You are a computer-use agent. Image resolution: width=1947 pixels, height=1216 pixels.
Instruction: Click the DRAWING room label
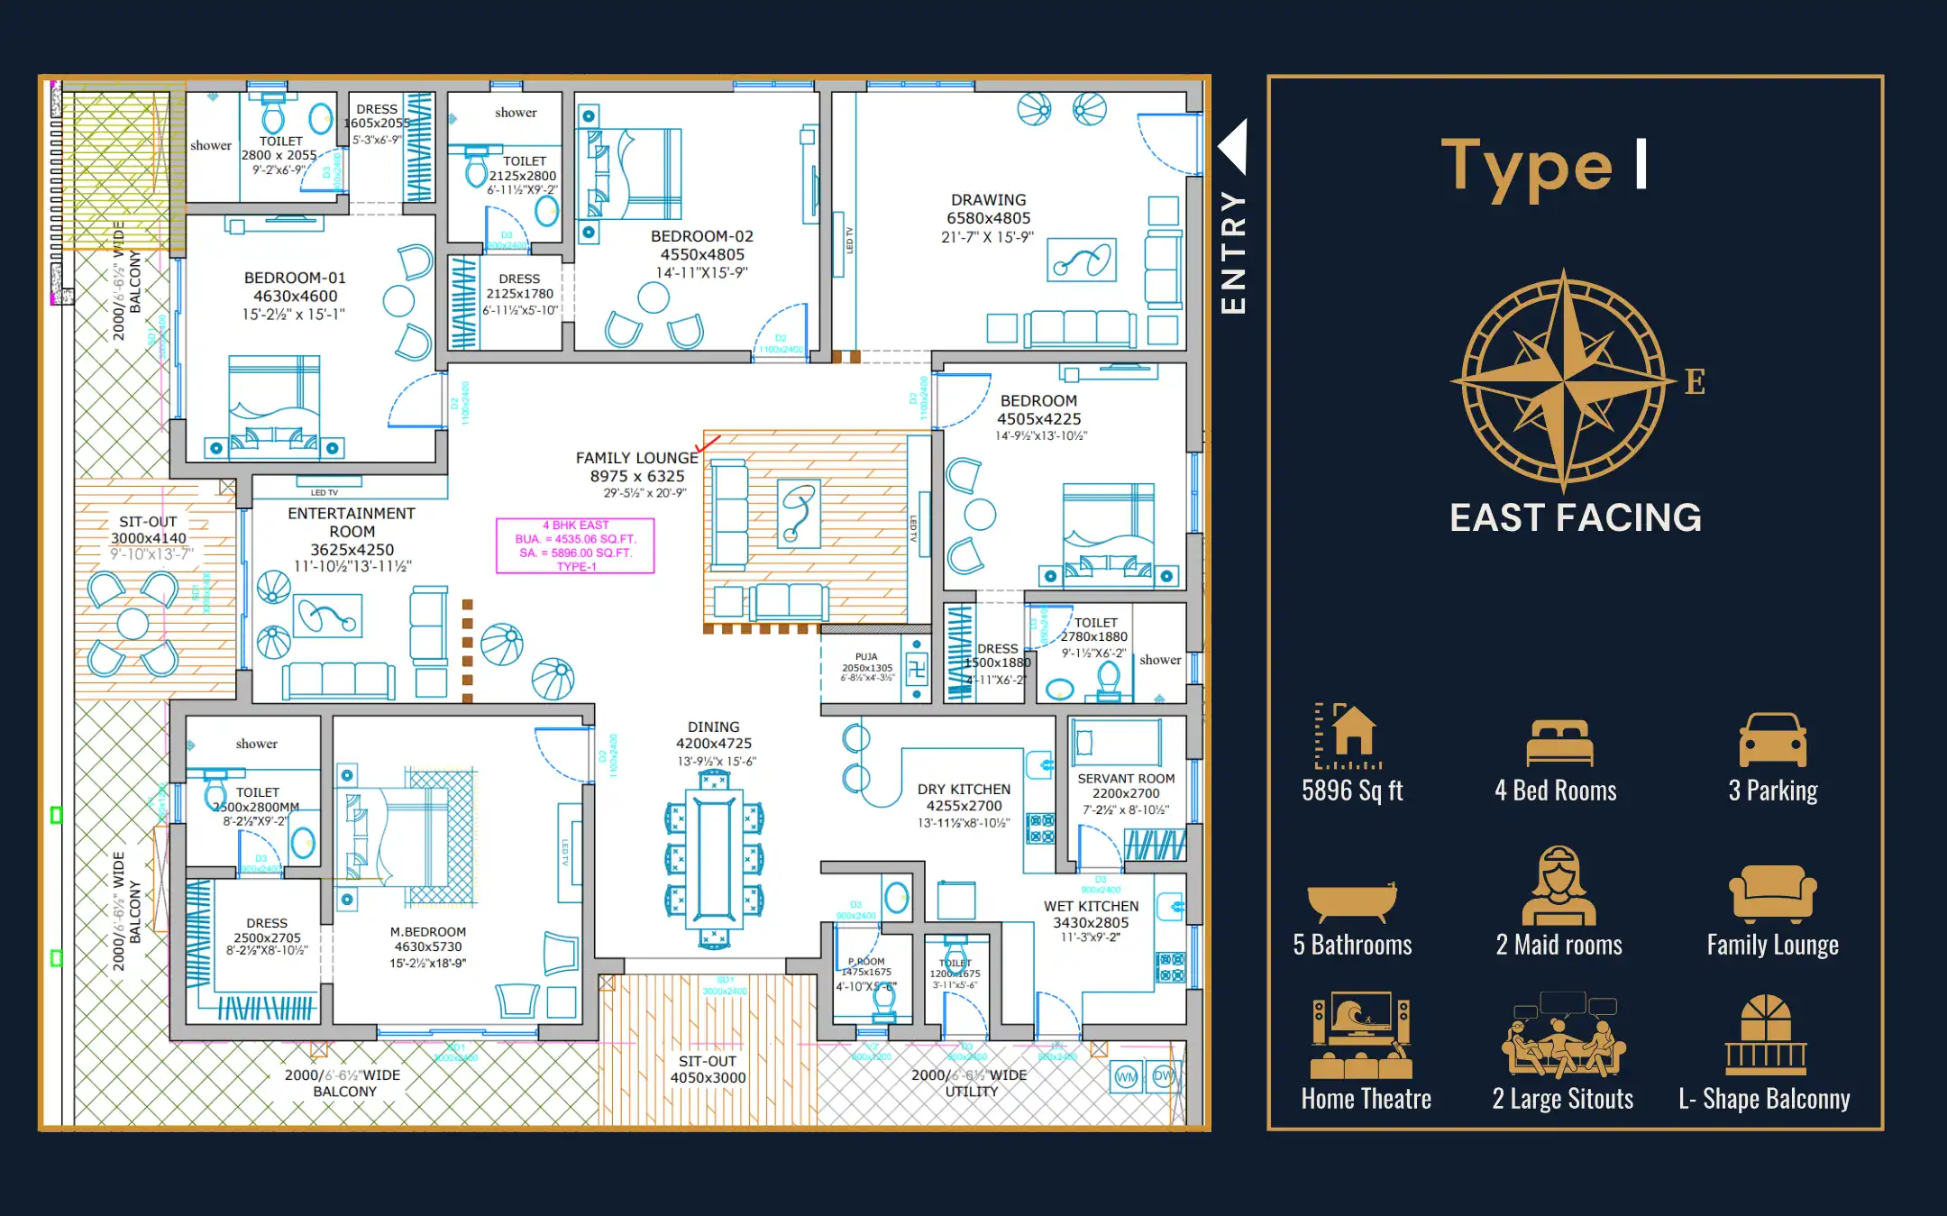pos(988,200)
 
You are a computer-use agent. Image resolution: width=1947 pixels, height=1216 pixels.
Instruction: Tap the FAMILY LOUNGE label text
pos(636,458)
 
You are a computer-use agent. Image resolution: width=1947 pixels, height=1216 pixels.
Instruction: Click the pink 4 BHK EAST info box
pos(575,546)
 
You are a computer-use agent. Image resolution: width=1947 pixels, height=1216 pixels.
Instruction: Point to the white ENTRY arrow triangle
pos(1234,146)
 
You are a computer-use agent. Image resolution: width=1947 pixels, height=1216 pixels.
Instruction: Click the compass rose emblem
pos(1564,381)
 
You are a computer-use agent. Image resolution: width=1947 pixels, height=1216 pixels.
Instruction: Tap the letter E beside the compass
pos(1695,382)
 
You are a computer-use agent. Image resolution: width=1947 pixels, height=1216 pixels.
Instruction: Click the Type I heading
pos(1544,168)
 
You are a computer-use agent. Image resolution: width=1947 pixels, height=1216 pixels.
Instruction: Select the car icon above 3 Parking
pos(1772,740)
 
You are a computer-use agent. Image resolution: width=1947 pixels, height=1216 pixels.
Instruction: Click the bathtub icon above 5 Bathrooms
pos(1351,902)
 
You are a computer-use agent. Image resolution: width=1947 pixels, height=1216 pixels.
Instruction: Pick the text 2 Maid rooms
pos(1559,945)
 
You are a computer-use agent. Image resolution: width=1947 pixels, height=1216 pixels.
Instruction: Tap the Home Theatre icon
pos(1361,1036)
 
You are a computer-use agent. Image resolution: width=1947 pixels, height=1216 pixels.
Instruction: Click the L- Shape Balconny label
pos(1764,1099)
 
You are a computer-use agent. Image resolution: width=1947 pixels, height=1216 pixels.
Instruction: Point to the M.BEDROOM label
pos(428,932)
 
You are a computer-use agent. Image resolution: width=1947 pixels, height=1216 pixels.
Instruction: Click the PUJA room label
pos(866,657)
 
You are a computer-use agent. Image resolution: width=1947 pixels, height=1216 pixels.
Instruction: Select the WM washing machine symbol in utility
pos(1127,1077)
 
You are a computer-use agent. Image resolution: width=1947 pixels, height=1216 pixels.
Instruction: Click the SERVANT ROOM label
pos(1126,778)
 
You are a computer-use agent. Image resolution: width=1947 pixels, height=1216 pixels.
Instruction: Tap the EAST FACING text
pos(1575,518)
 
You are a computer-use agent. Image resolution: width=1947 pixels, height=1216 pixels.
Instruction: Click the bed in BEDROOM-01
pos(274,406)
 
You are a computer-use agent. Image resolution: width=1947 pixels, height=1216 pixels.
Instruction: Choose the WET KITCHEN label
pos(1091,906)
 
